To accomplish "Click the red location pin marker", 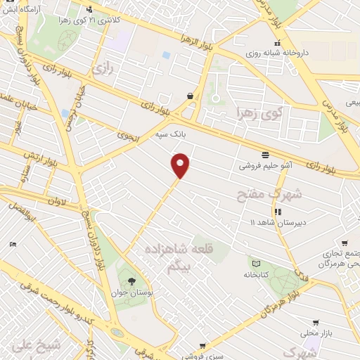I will click(181, 165).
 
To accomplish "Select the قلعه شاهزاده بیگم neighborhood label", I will click(179, 257).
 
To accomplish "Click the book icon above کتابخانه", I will click(256, 264).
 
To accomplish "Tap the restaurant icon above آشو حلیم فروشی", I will click(265, 155).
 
